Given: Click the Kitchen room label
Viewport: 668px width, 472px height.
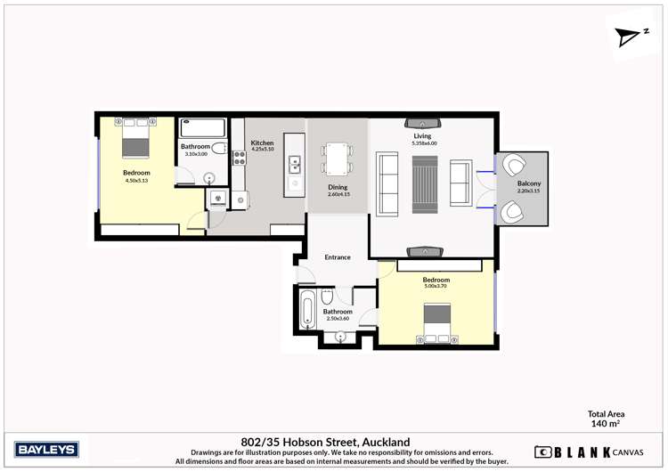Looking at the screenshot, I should [x=262, y=142].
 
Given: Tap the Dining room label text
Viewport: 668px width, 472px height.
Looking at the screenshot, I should [x=338, y=186].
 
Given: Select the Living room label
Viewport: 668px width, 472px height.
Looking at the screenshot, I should [x=422, y=136].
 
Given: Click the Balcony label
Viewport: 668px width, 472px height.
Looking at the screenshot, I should [x=528, y=183].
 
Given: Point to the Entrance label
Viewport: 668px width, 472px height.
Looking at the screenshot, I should [x=338, y=257].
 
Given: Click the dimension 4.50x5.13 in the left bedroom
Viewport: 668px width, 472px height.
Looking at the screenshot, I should [x=136, y=180].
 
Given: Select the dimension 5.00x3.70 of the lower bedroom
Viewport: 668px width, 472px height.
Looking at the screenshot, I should [x=436, y=287].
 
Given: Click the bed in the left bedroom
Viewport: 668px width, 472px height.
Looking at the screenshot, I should [x=136, y=142].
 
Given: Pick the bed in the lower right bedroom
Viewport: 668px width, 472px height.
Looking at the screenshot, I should [x=436, y=321].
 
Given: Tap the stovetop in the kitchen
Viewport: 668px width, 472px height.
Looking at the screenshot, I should [x=239, y=159].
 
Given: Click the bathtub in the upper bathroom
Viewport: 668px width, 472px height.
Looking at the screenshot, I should [x=203, y=127].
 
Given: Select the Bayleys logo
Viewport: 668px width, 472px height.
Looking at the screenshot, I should [x=47, y=449].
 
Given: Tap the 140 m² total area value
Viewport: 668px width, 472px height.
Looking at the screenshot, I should [x=606, y=425].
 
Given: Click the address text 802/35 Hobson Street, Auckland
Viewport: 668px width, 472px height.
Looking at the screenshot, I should [x=325, y=441].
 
